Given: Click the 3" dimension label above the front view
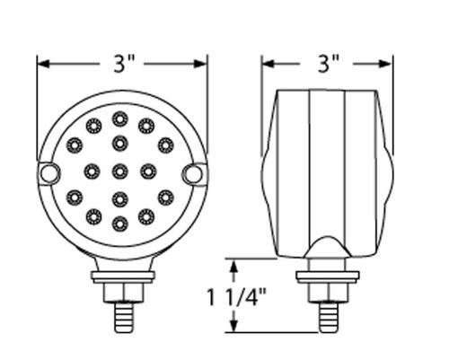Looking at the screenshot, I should tap(122, 64).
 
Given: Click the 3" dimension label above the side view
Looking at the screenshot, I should tap(329, 64).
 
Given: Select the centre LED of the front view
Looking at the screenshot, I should tap(119, 171).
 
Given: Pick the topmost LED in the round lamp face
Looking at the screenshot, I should tap(119, 119).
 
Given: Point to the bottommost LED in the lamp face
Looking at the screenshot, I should tap(119, 222).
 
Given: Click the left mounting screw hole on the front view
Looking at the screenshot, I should tap(50, 172).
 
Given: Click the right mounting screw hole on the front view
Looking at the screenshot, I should tap(189, 172).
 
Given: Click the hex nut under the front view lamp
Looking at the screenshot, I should tap(119, 291).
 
